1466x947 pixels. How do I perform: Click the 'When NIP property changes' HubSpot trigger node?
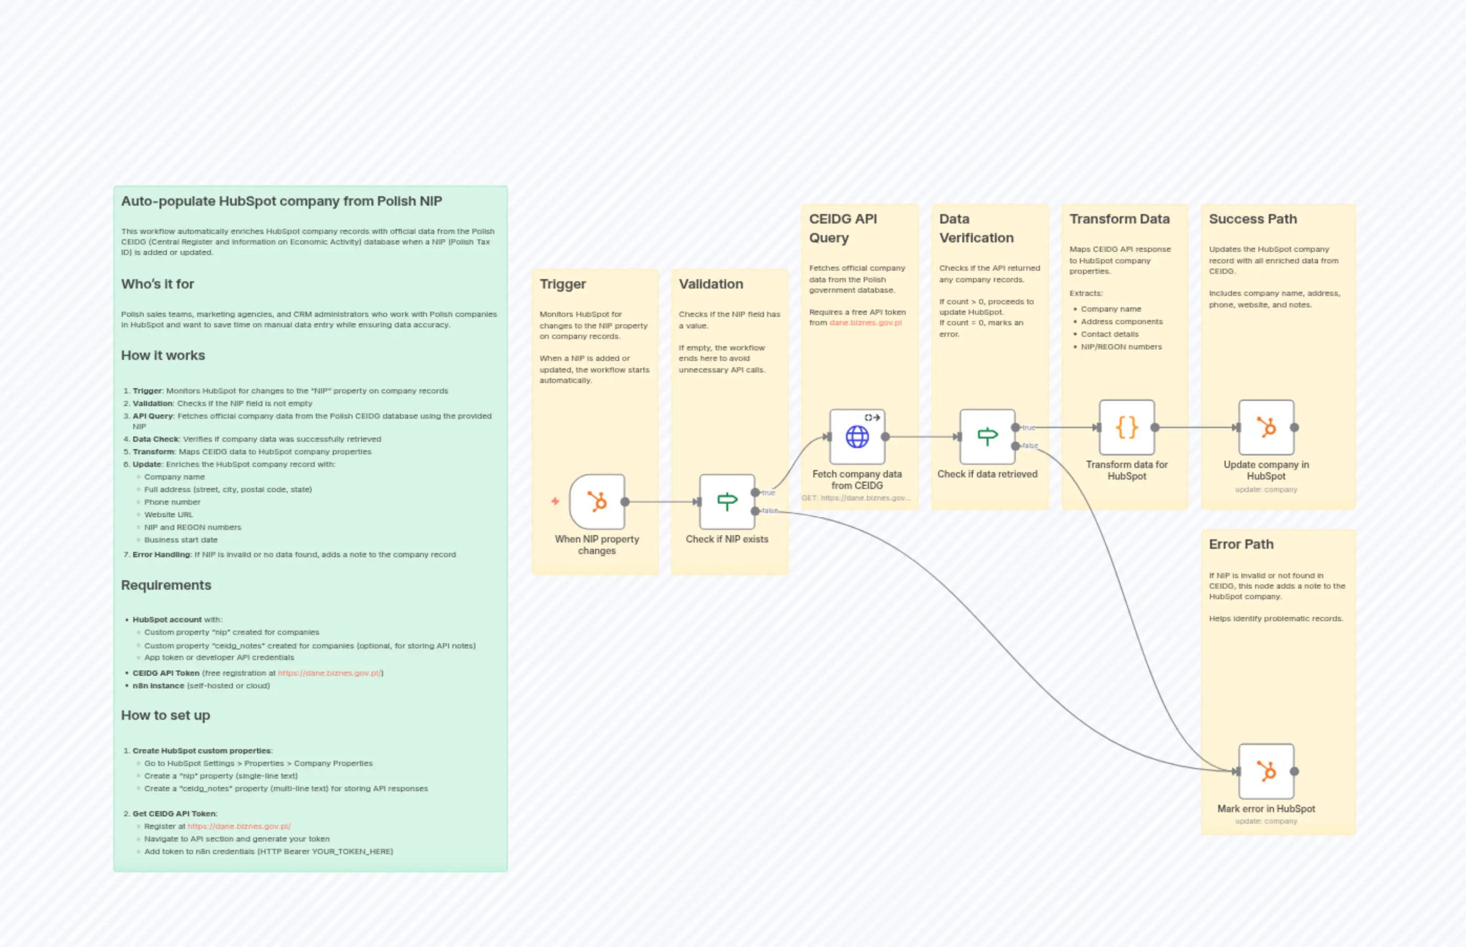tap(597, 502)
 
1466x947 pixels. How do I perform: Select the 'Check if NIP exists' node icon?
tap(727, 502)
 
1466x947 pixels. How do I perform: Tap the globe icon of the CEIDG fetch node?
tap(857, 437)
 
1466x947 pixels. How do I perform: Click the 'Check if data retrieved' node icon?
tap(987, 437)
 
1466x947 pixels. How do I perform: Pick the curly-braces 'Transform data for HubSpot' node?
tap(1127, 428)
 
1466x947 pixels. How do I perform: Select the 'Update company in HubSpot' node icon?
tap(1266, 428)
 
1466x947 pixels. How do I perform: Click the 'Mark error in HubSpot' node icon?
tap(1266, 771)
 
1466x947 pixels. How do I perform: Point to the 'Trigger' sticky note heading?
tap(562, 284)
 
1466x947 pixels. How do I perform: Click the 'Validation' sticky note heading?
tap(711, 284)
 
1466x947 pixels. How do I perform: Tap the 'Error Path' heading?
tap(1241, 544)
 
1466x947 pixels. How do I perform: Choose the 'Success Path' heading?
tap(1252, 219)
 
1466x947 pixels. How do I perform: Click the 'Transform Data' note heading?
tap(1119, 219)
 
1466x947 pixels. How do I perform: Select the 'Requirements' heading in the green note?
tap(166, 585)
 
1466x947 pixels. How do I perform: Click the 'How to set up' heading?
tap(165, 715)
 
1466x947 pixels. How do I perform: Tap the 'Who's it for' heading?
tap(157, 284)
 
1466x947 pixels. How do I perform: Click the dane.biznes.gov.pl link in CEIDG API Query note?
tap(865, 323)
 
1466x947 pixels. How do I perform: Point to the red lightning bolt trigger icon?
tap(555, 502)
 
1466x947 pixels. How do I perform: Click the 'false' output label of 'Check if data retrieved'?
tap(1030, 446)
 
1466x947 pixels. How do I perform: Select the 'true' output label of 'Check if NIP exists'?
tap(769, 493)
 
